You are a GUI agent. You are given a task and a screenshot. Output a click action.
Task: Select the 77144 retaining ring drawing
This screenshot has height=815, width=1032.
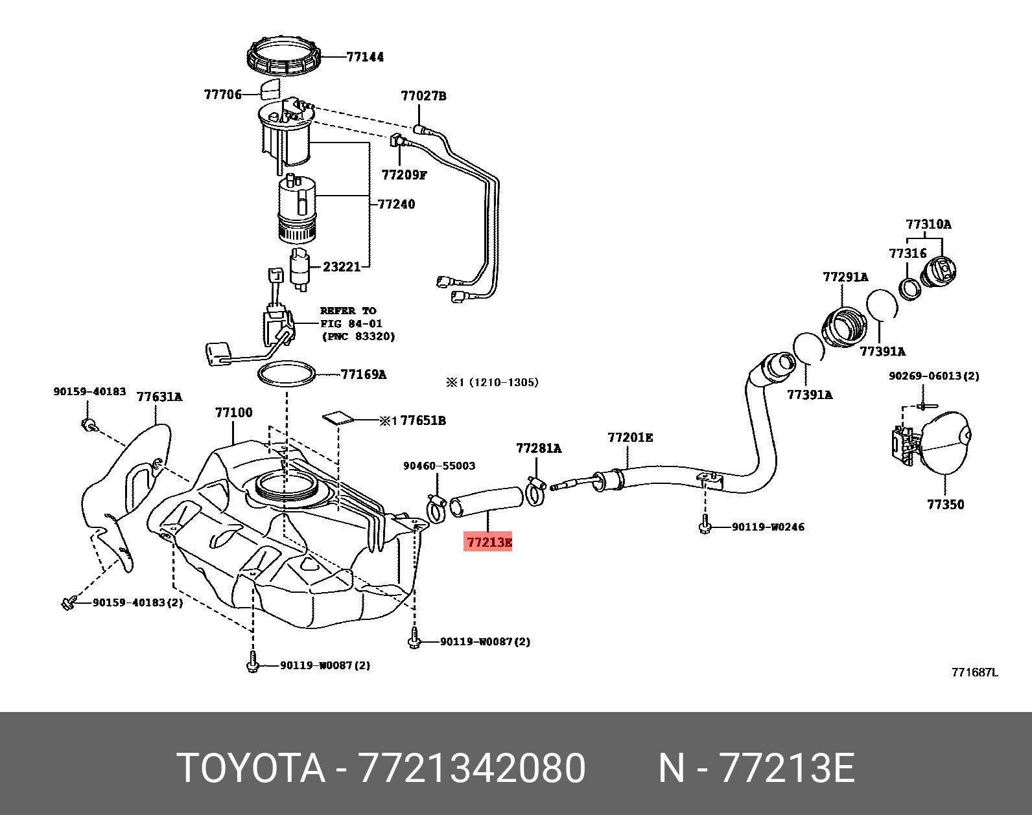[284, 57]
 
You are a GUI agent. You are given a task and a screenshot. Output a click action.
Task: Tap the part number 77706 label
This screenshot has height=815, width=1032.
[222, 95]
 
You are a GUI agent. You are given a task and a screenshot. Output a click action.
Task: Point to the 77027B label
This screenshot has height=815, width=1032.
[423, 97]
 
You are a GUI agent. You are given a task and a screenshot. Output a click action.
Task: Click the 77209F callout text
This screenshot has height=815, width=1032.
[404, 175]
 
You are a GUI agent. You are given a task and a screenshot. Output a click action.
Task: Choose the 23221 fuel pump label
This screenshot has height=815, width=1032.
[342, 266]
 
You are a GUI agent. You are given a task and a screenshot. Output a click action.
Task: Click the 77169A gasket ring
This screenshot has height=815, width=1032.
[287, 374]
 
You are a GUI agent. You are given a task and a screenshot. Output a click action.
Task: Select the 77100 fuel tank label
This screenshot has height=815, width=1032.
[233, 413]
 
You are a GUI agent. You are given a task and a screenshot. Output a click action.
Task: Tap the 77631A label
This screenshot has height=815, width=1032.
[159, 396]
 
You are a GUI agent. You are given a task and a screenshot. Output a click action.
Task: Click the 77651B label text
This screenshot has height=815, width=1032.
[423, 420]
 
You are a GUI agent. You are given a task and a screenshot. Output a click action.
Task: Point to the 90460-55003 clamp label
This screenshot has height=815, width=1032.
[439, 466]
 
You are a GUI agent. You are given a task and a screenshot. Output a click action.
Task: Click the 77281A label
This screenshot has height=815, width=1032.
[538, 448]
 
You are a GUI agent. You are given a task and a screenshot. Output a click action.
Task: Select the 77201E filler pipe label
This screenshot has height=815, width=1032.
[630, 438]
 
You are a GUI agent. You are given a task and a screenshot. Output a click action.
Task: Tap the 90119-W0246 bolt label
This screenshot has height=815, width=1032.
[768, 527]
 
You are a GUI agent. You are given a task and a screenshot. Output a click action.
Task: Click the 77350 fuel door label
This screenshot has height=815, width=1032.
[945, 504]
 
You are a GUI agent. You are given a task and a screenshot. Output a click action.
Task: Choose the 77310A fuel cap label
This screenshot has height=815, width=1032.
[928, 225]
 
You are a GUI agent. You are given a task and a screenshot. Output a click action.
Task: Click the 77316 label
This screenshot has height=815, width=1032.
[908, 253]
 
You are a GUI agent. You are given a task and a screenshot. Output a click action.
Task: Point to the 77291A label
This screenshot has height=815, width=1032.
[845, 277]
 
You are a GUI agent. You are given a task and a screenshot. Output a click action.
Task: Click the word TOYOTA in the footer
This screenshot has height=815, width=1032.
[251, 768]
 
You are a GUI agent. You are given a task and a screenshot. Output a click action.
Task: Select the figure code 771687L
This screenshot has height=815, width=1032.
[974, 672]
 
